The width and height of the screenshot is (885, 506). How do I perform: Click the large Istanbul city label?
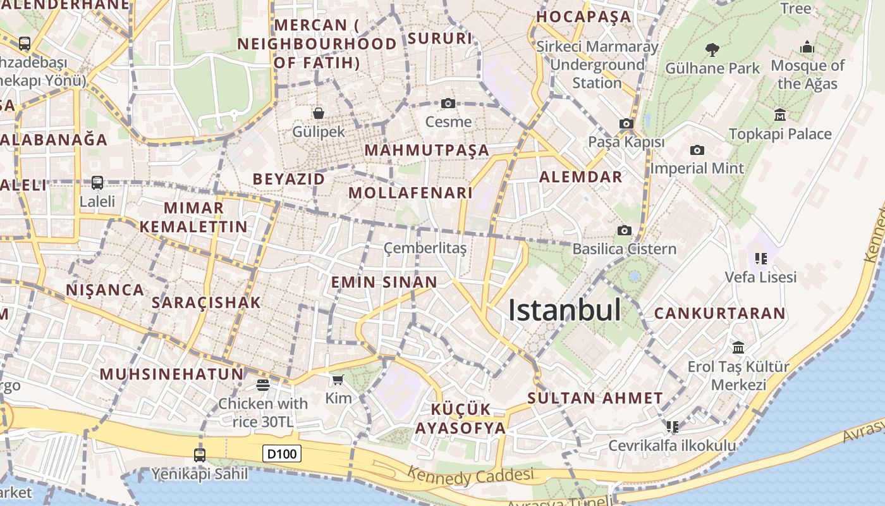tap(565, 310)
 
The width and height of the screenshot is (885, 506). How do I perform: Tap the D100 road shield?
tap(282, 454)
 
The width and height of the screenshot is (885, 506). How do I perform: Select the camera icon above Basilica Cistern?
tap(625, 230)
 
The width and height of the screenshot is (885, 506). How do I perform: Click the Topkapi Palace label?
tap(780, 134)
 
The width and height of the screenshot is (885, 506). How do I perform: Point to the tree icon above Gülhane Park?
tap(712, 49)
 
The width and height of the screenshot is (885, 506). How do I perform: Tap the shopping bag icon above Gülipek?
tap(319, 113)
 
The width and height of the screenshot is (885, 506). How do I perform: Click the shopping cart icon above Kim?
tap(338, 379)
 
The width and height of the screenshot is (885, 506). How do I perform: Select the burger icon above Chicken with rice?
tap(263, 385)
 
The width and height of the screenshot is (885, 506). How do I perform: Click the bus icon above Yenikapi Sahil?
tap(200, 455)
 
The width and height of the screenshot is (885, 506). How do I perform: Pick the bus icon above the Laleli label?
tap(97, 183)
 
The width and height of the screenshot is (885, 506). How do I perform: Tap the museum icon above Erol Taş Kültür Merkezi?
tap(738, 347)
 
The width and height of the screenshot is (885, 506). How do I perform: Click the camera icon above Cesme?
tap(448, 103)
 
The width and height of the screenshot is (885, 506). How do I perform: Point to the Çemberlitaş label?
tap(425, 249)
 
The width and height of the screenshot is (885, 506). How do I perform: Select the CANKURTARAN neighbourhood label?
tap(719, 313)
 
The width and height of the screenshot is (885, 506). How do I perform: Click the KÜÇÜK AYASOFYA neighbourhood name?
tap(460, 418)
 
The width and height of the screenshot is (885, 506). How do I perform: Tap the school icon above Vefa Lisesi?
tap(760, 258)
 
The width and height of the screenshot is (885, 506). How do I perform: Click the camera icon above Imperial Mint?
tap(697, 150)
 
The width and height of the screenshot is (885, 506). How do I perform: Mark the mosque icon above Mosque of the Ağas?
tap(807, 47)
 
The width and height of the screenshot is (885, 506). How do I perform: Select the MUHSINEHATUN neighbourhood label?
tap(171, 374)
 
